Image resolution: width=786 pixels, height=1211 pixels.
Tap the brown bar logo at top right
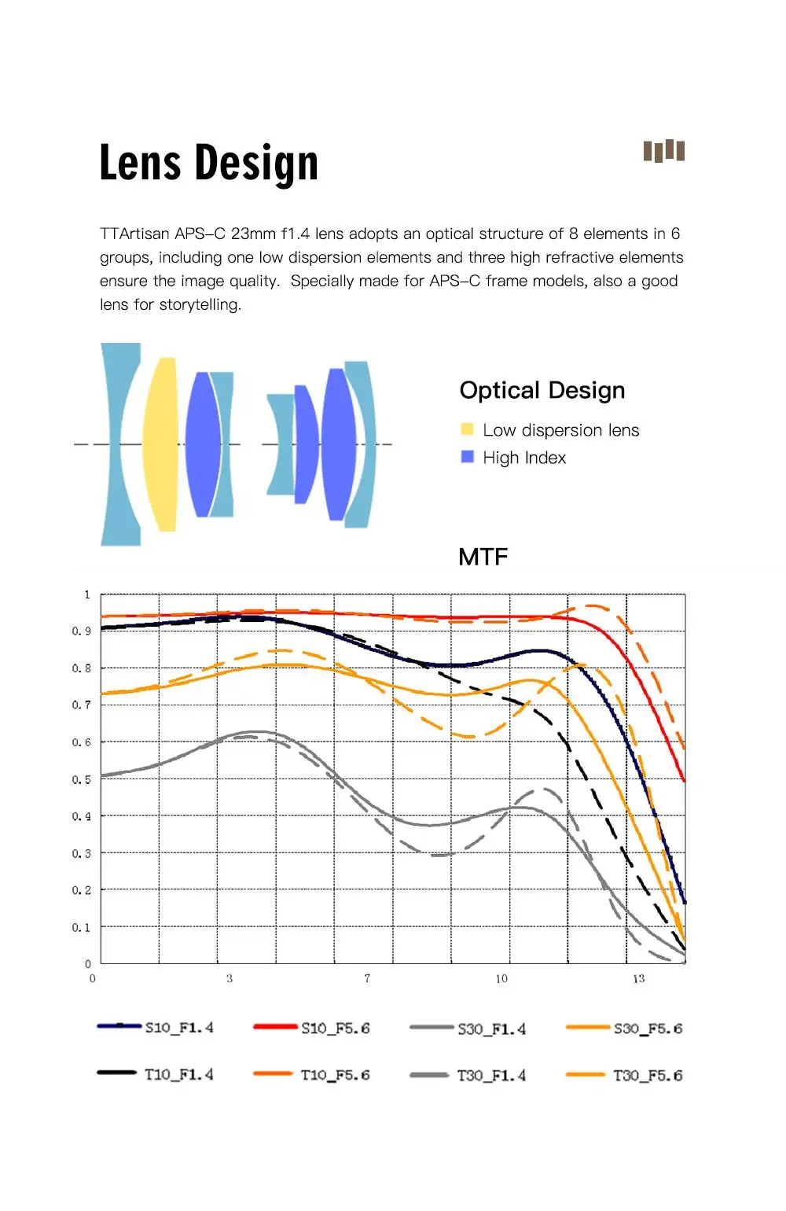664,150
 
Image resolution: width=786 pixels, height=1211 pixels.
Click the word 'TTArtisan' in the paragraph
134,234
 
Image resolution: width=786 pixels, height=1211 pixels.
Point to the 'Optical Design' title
542,390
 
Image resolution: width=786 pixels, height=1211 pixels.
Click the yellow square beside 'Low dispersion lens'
468,429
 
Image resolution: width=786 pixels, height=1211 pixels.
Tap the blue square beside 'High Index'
468,457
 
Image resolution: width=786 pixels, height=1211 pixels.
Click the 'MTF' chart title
483,557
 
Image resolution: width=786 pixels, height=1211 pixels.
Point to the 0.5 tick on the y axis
82,779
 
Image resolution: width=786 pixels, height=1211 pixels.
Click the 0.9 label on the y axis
82,631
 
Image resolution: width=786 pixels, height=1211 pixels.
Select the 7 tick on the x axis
367,978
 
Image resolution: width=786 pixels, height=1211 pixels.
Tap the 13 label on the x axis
638,978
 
